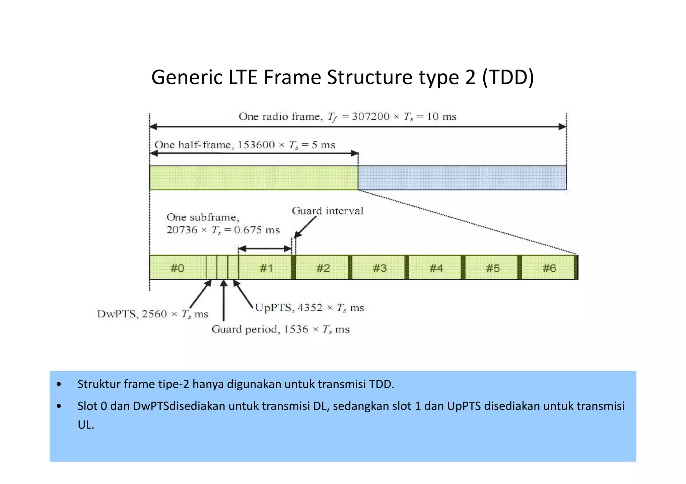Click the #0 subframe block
click(x=178, y=268)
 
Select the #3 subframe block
click(x=380, y=268)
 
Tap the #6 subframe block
click(x=549, y=268)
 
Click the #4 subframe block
click(x=436, y=268)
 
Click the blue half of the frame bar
click(x=462, y=178)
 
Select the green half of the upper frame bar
click(x=254, y=178)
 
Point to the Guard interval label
click(x=327, y=211)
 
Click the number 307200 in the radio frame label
click(x=370, y=116)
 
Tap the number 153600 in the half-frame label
click(x=256, y=145)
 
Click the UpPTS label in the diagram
click(x=274, y=307)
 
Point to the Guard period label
click(x=245, y=329)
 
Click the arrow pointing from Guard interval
click(x=305, y=227)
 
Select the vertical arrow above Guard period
click(x=224, y=300)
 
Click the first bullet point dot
click(x=59, y=384)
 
